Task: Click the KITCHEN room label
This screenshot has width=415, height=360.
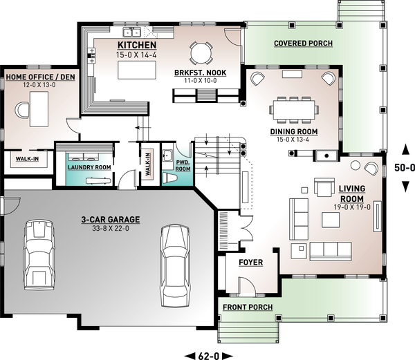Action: tap(137, 45)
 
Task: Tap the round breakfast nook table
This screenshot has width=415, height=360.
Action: tap(201, 53)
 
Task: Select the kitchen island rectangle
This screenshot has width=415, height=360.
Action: tap(137, 70)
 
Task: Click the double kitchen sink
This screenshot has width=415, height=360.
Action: tap(131, 32)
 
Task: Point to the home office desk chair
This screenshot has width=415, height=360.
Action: tap(21, 110)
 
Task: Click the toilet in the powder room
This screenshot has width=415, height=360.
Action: tap(169, 178)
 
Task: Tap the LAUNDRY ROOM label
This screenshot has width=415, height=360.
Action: tap(89, 167)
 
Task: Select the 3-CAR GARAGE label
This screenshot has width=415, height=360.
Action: tap(111, 220)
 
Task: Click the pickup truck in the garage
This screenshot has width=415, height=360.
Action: tap(39, 255)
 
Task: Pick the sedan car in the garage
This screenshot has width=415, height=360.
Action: tap(175, 266)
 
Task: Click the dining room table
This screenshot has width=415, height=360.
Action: tap(295, 110)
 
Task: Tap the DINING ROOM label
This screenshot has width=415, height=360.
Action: tap(294, 131)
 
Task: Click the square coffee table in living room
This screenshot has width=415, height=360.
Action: tap(331, 220)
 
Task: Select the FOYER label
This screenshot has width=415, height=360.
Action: tap(251, 263)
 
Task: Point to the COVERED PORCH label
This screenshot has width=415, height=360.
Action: tap(304, 43)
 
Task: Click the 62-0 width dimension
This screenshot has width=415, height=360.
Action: tap(209, 356)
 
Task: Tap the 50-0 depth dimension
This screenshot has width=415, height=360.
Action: tap(405, 168)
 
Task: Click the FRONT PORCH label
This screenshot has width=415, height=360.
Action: tap(248, 307)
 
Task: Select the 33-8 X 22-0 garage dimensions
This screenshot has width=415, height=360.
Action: tap(111, 228)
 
